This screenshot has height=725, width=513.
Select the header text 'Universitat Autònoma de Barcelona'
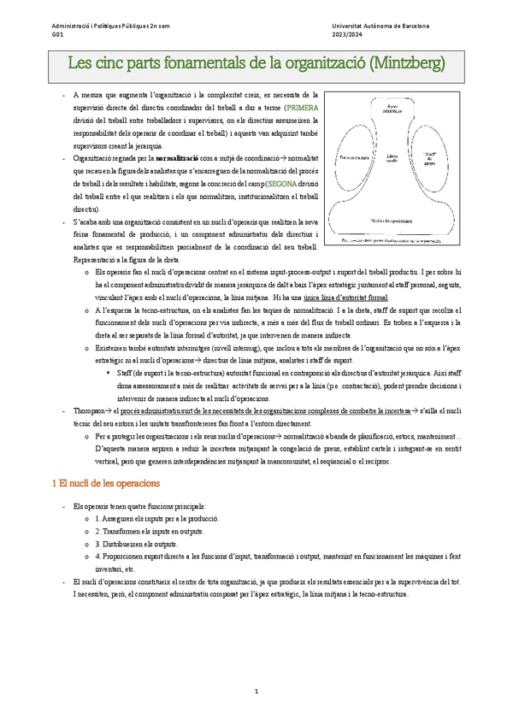point(380,27)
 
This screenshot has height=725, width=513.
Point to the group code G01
point(57,37)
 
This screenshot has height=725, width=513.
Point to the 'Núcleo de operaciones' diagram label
point(394,220)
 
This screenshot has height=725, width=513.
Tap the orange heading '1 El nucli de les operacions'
point(105,483)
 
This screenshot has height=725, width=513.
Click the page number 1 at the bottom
point(256,690)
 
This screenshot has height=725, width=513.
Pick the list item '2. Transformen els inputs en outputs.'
point(154,531)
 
